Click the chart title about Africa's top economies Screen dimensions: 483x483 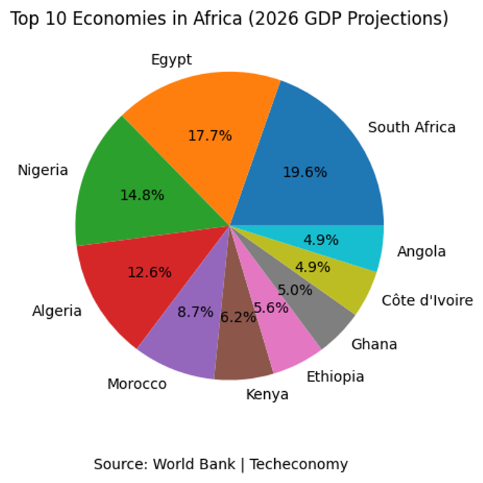click(229, 19)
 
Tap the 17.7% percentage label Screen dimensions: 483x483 click(210, 136)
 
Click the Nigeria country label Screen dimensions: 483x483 click(43, 170)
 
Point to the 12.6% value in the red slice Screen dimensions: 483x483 click(149, 273)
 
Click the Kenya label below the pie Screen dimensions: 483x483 click(267, 395)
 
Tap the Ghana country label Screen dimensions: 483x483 click(374, 345)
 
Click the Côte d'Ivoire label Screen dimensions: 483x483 click(427, 301)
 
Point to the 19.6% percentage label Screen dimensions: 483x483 click(304, 172)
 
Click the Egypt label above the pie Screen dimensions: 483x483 click(172, 60)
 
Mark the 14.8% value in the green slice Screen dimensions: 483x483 click(142, 196)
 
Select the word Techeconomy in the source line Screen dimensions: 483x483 click(299, 465)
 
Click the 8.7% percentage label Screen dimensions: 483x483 click(196, 312)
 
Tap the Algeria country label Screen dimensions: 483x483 click(57, 311)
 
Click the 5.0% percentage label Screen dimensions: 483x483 click(295, 291)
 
